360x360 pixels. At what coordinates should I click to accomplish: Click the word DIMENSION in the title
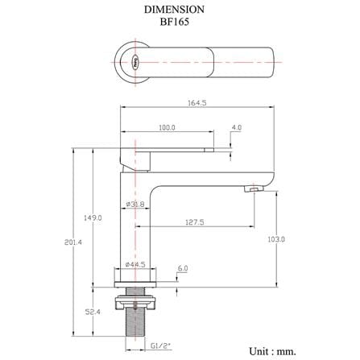tap(174, 10)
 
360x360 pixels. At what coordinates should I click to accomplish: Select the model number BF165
tap(175, 22)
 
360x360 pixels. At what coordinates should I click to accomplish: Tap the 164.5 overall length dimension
tap(197, 102)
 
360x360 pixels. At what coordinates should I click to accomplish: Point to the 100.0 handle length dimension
tap(167, 127)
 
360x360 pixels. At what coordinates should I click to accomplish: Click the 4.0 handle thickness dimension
tap(237, 127)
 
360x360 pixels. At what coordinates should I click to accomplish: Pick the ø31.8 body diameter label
tap(135, 205)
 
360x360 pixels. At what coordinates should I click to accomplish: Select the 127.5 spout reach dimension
tap(195, 222)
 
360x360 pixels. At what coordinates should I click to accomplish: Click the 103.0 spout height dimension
tap(276, 239)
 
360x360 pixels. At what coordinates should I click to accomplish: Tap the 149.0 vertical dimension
tap(93, 217)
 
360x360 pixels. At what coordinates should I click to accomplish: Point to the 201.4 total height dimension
tap(73, 242)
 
